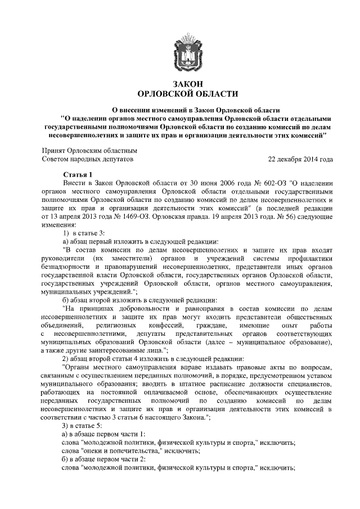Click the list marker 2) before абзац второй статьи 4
coord(65,357)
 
